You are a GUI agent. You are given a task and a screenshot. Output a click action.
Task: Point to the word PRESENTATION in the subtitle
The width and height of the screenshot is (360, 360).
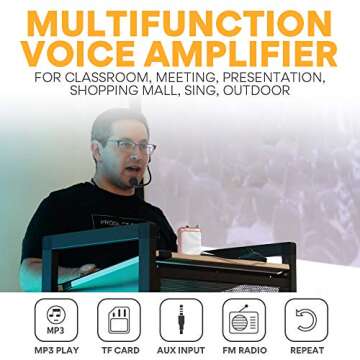pos(270,77)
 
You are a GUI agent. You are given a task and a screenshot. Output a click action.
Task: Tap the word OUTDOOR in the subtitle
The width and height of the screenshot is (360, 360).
pos(254,91)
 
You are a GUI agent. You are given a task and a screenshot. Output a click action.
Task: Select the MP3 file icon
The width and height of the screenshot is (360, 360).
pos(56,319)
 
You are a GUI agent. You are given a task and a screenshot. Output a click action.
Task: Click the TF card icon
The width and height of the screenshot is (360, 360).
pos(118,319)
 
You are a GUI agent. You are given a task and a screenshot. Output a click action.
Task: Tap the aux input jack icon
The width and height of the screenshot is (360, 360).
pos(181,319)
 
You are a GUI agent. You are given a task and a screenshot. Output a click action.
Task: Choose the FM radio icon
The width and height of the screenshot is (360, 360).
pos(243,319)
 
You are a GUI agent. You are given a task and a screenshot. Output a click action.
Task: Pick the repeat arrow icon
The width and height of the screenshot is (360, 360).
pos(305,319)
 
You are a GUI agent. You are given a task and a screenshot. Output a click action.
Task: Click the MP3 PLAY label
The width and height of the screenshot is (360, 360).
pos(56,350)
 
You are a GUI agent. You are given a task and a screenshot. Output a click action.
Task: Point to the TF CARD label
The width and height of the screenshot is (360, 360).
pos(118,350)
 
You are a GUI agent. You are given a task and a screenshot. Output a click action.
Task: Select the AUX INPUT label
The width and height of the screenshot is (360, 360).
pos(181,350)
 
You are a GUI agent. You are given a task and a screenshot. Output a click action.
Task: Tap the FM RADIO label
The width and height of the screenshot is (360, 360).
pos(243,350)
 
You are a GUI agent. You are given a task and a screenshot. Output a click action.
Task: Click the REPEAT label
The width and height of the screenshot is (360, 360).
pos(306,350)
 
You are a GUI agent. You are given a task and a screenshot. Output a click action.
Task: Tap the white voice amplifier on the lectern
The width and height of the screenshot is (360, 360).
pos(189,240)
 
